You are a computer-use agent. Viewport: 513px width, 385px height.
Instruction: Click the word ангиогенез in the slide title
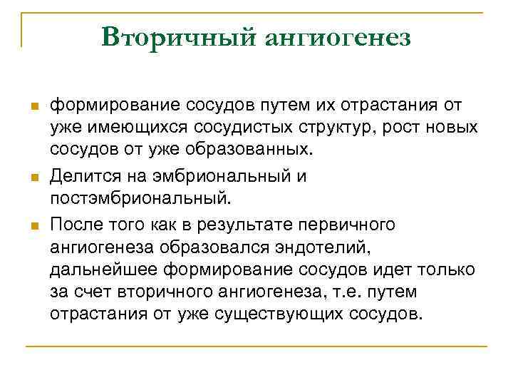pyautogui.click(x=338, y=37)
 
